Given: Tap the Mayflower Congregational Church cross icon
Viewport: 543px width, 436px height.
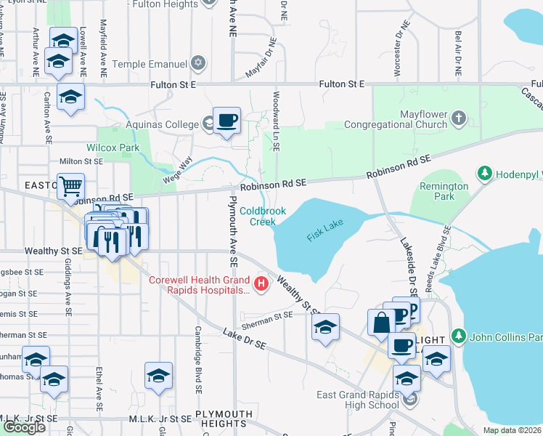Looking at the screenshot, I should click(458, 117).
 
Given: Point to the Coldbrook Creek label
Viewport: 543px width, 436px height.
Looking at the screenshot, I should click(263, 216).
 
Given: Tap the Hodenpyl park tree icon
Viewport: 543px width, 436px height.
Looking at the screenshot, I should click(484, 174).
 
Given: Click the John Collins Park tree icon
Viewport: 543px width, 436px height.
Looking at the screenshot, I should click(458, 336).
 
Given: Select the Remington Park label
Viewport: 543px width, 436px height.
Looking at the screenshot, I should click(444, 191).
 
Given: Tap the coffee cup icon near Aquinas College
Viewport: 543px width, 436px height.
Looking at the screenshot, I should click(226, 121).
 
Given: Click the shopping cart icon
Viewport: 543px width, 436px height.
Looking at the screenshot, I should click(70, 187).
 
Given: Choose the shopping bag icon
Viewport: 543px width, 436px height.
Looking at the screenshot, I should click(381, 321).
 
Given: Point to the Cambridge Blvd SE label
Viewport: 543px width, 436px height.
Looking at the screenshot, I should click(197, 368).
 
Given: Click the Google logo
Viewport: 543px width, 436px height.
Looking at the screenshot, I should click(25, 427).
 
